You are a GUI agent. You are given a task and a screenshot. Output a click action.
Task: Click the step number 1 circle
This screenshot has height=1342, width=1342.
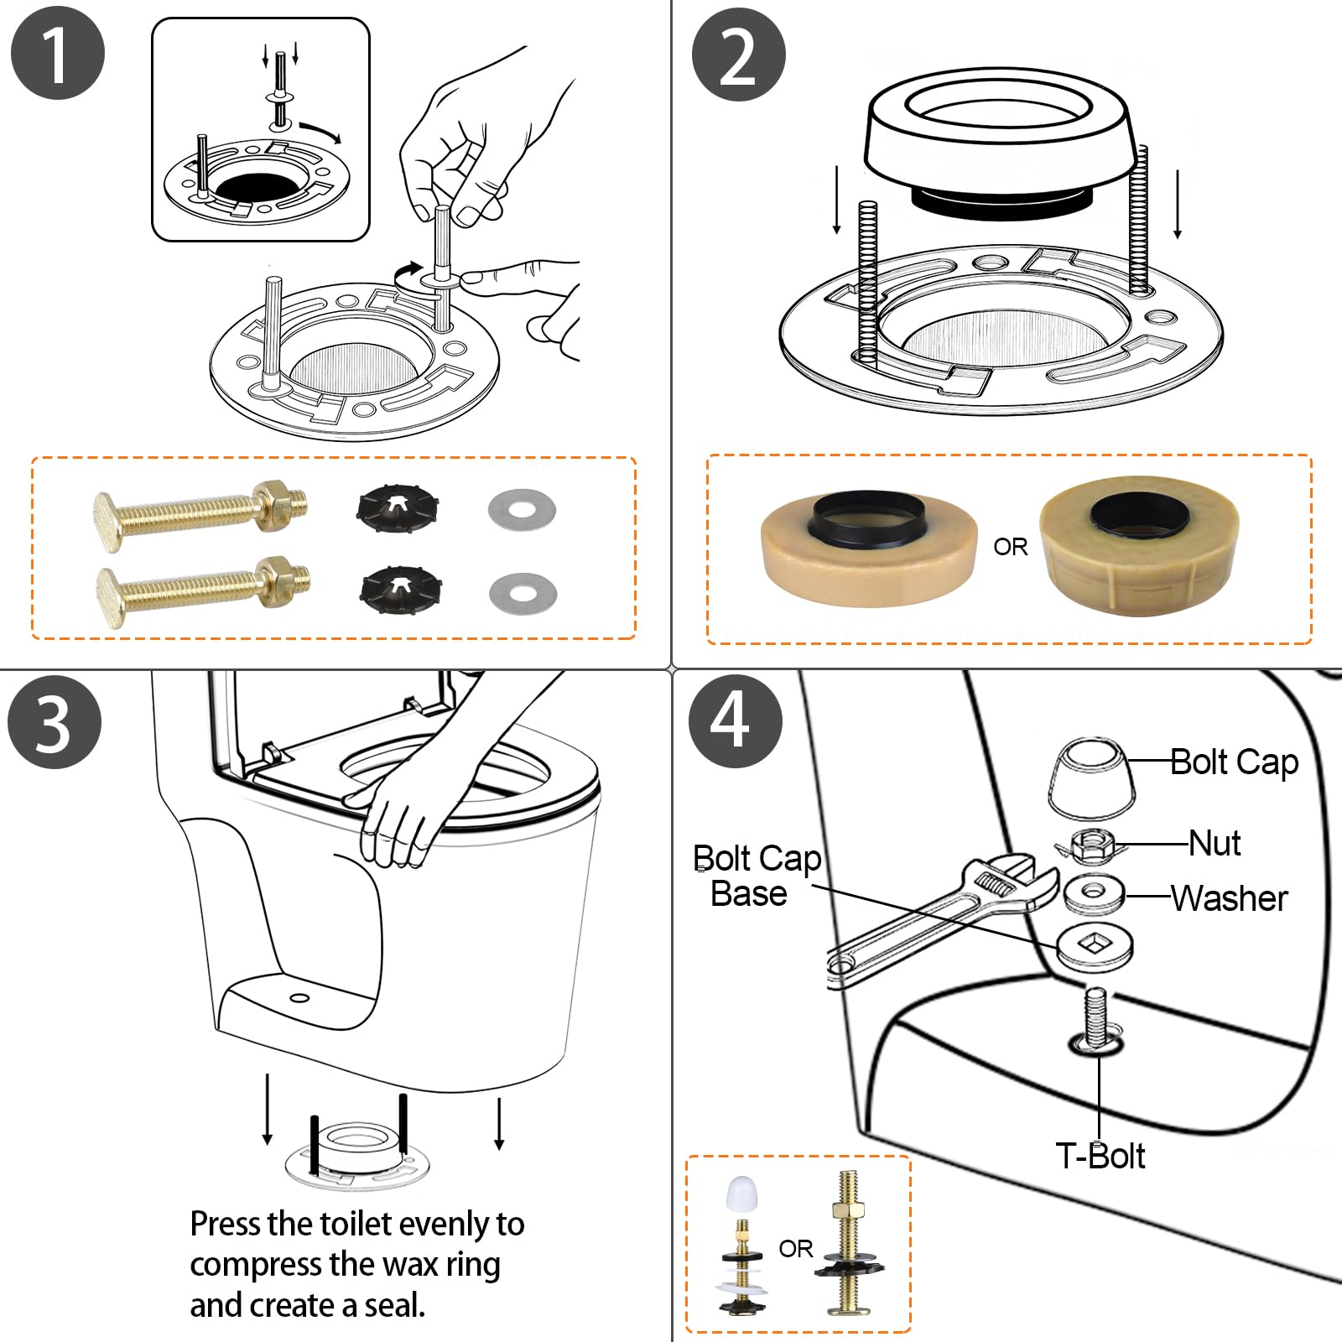pos(58,53)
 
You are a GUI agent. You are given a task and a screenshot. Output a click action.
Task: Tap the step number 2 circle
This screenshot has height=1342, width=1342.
pos(738,55)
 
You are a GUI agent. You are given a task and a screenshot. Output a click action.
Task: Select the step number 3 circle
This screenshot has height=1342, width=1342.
pos(55,721)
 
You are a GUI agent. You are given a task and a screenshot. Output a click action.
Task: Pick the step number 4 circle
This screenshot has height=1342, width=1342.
pos(736,720)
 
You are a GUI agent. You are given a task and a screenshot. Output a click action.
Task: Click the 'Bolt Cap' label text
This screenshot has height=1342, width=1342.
pos(1234,762)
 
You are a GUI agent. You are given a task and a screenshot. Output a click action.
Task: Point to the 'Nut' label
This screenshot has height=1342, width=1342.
pos(1215,843)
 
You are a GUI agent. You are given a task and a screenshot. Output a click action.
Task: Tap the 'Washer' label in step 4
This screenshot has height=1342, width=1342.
pos(1229,898)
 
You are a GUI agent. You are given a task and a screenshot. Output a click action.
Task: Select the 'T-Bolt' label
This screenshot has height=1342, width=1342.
pos(1100,1156)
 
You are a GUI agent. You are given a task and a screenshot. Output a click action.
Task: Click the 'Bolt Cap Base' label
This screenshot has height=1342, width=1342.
pos(757,876)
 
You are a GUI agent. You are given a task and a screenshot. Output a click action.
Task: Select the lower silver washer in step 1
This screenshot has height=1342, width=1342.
pos(523,593)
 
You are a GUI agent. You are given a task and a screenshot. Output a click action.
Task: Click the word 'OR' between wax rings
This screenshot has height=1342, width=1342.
pos(1011,547)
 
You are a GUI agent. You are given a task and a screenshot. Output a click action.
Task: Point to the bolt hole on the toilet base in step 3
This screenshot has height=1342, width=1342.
pos(299,998)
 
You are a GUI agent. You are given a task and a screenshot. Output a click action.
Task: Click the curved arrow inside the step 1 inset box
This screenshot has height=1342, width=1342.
pos(321,131)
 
